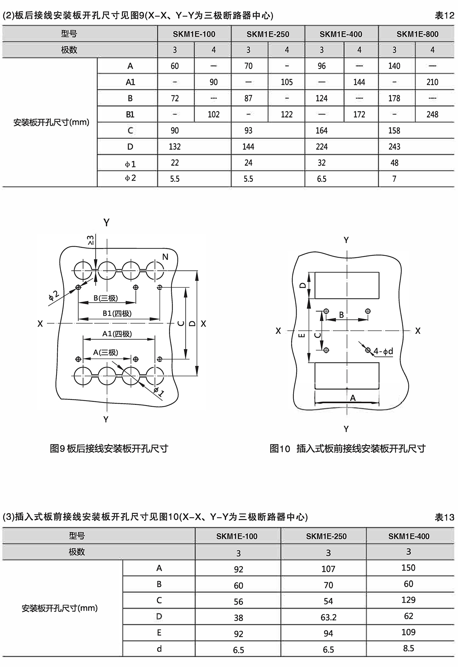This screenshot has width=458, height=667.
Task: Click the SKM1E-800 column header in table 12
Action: point(417,34)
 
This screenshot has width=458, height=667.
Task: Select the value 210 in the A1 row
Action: point(432,82)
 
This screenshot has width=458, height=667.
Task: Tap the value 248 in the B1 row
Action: point(432,114)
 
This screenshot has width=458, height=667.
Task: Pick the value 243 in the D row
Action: point(394,147)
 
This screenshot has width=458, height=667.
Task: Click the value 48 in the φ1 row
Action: point(394,163)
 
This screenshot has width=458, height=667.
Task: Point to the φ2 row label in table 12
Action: point(130,178)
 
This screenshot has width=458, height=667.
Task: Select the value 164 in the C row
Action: point(321,131)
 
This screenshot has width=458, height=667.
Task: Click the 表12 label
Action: point(445,16)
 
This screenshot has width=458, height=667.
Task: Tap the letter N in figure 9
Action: point(165,257)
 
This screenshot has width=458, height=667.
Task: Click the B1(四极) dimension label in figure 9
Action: point(117,314)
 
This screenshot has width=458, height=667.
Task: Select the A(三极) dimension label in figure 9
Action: point(106,353)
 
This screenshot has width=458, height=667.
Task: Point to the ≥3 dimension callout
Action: point(90,240)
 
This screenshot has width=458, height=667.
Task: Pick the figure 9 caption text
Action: point(109,449)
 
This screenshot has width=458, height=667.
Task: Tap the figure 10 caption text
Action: point(347,449)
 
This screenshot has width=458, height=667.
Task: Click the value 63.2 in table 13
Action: point(328,617)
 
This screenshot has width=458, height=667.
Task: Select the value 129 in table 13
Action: point(408,600)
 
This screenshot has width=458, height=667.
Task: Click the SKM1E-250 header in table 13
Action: point(326,536)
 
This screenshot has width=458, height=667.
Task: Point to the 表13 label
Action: point(445,517)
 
